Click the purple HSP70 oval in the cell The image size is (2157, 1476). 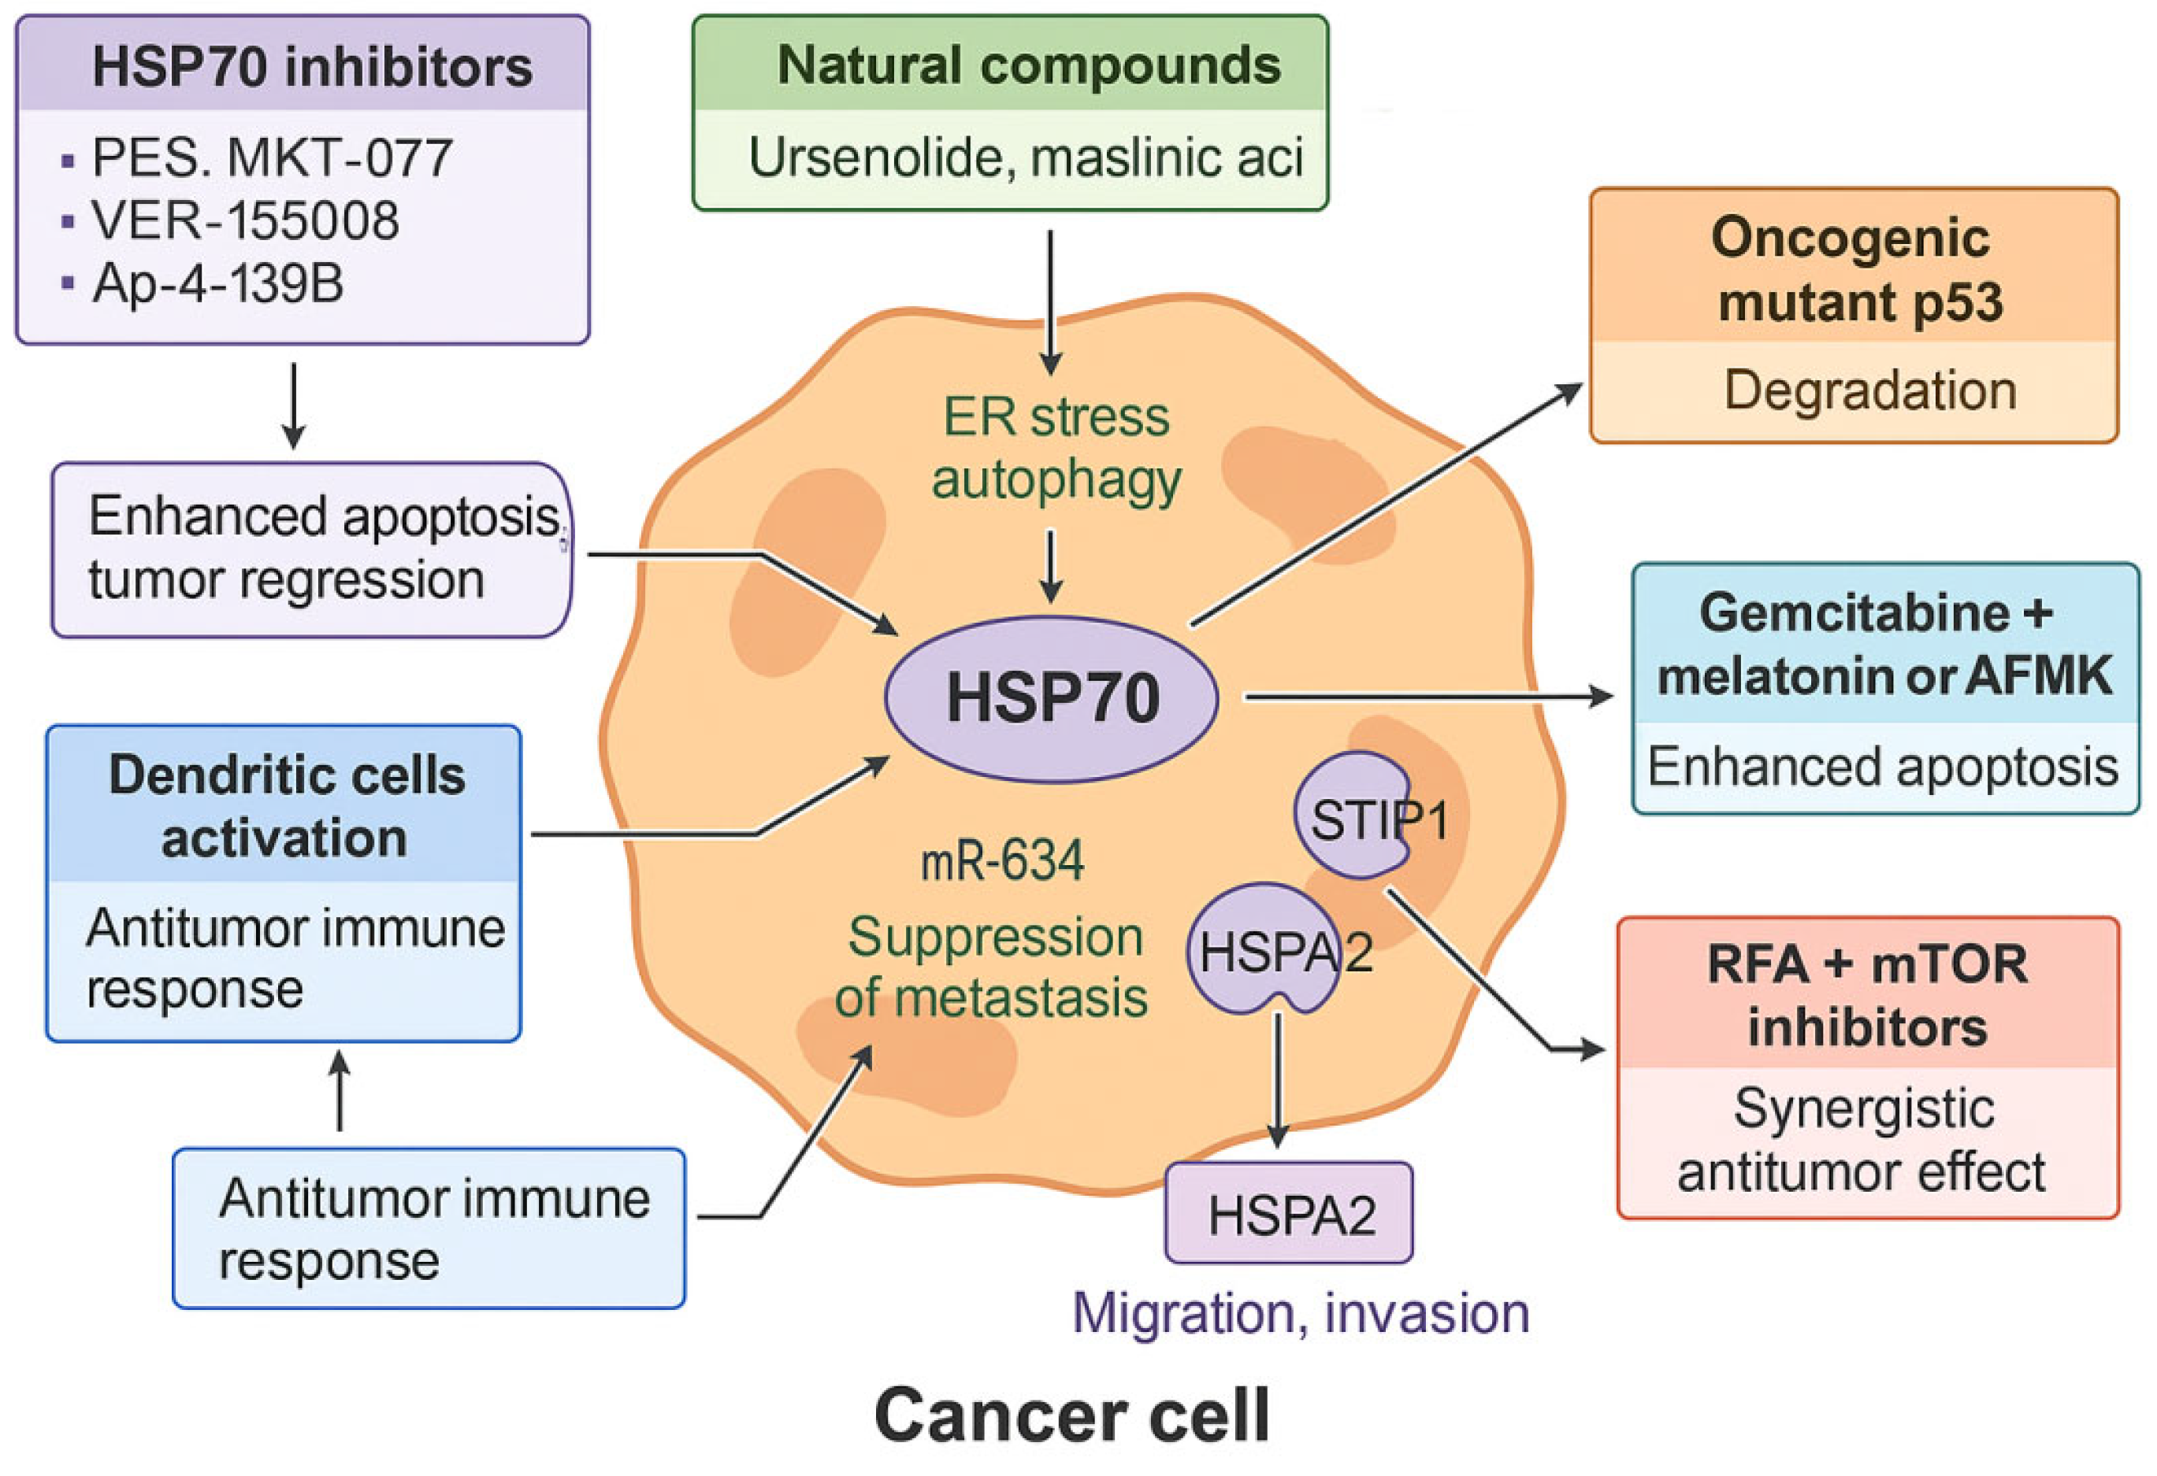coord(1051,697)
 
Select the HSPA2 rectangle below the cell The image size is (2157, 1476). coord(1289,1215)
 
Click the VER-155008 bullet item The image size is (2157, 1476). coord(245,220)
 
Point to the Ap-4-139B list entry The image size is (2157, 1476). coord(217,283)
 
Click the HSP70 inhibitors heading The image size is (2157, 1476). coord(312,67)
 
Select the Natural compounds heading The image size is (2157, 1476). coord(1028,65)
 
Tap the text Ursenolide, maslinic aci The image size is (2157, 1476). coord(1025,157)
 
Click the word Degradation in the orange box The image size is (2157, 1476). coord(1870,390)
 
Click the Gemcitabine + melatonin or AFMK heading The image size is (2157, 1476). coord(1884,644)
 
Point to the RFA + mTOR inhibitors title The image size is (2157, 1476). coord(1867,996)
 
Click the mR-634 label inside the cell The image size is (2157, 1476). coord(1002,861)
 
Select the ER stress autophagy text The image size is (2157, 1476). coord(1056,448)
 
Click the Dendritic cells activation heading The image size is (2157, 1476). coord(286,806)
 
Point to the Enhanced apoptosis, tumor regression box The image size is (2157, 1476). coord(312,549)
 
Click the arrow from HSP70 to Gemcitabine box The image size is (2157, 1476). coord(1429,696)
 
